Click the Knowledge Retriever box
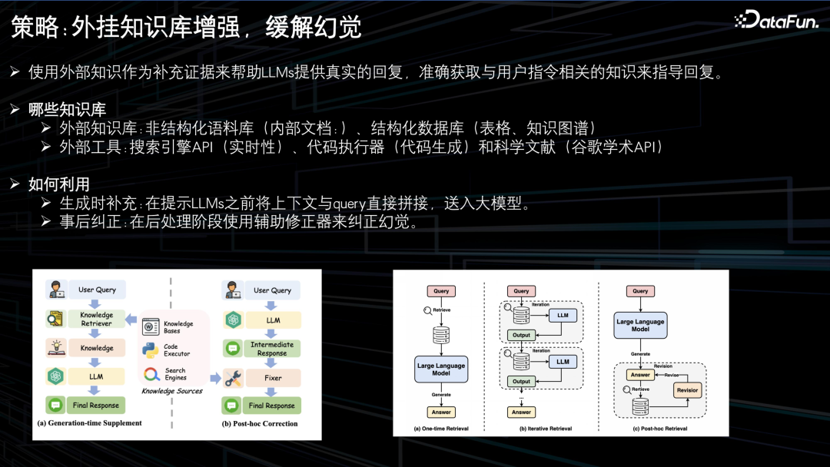(97, 319)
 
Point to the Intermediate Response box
(272, 349)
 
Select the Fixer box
(273, 378)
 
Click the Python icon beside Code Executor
(151, 349)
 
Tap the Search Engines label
(175, 374)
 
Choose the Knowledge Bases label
(178, 326)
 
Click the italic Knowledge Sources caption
(172, 391)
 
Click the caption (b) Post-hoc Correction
(259, 423)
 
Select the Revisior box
(686, 390)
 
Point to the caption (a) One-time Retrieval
(440, 429)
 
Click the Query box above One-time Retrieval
(441, 291)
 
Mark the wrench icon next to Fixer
(233, 378)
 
